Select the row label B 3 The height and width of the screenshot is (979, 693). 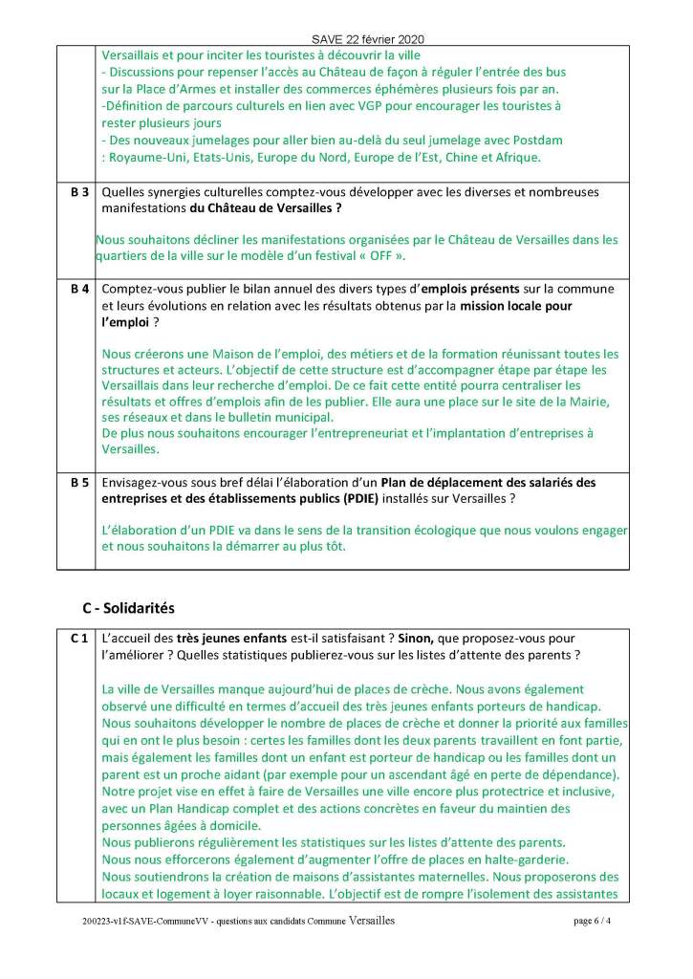(80, 193)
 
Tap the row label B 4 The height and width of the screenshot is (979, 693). (80, 289)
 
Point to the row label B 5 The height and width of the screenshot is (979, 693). (80, 483)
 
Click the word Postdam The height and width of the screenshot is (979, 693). (535, 140)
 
